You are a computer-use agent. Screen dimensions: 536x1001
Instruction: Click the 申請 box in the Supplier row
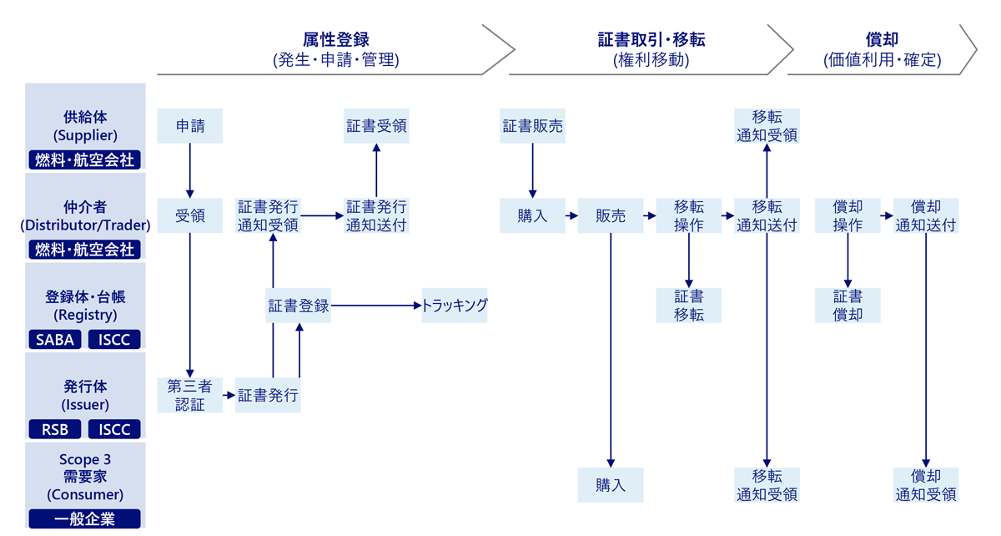[x=190, y=126]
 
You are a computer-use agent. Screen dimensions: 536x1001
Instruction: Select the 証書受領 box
[x=376, y=126]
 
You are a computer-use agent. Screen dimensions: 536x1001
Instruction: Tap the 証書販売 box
[x=532, y=126]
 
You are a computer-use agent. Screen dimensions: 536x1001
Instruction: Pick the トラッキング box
[x=455, y=306]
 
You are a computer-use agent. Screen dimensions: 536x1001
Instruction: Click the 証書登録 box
[x=299, y=306]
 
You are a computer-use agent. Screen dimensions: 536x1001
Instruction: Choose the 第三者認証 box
[x=190, y=395]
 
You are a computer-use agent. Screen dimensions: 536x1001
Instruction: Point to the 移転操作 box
[x=688, y=215]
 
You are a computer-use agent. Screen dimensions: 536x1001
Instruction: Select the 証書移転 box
[x=688, y=306]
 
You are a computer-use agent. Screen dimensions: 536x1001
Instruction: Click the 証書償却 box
[x=848, y=306]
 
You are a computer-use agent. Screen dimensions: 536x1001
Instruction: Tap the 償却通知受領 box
[x=926, y=485]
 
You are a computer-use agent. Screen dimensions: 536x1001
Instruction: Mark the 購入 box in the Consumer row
[x=611, y=485]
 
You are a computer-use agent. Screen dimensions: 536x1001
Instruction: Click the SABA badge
[x=55, y=339]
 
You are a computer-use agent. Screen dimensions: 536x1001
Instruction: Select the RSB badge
[x=55, y=429]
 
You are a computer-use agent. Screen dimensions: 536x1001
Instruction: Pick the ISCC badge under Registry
[x=114, y=339]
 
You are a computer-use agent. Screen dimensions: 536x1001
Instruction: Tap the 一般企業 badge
[x=85, y=518]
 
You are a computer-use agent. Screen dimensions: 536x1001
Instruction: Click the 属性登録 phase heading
[x=335, y=39]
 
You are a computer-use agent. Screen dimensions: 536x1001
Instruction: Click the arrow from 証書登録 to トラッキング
[x=375, y=306]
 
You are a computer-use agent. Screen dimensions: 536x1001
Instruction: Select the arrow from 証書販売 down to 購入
[x=532, y=170]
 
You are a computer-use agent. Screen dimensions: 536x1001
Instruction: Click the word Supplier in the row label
[x=85, y=134]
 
